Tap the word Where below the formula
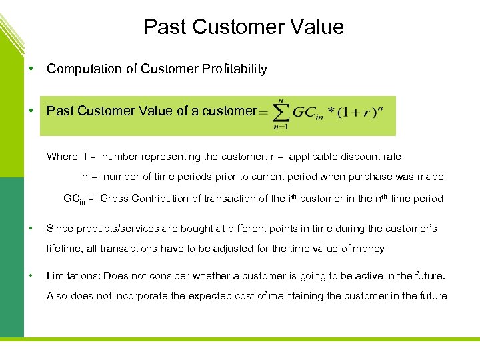62,157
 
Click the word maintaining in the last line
295,296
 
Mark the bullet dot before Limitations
31,275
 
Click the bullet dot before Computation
31,69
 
